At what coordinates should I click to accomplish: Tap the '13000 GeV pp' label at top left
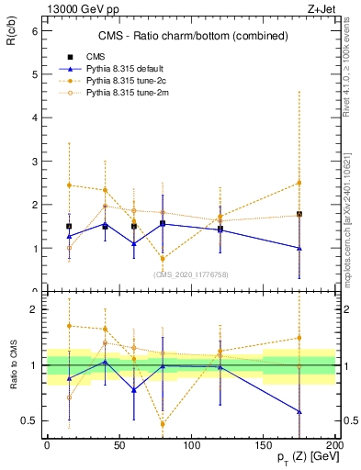pyautogui.click(x=76, y=7)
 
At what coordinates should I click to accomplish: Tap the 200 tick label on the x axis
pyautogui.click(x=335, y=444)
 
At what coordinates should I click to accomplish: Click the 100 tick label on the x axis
pyautogui.click(x=191, y=444)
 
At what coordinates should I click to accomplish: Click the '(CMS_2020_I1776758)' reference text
pyautogui.click(x=190, y=274)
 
